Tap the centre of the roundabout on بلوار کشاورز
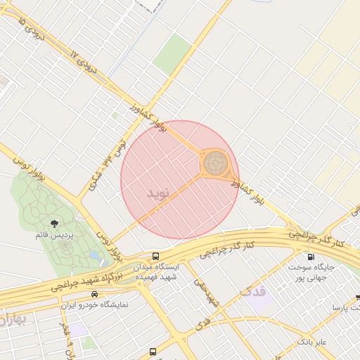[x=216, y=164]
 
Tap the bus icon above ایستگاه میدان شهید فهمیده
[x=155, y=256]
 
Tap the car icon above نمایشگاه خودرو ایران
[x=95, y=295]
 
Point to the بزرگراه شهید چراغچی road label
[x=79, y=281]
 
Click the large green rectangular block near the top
[x=172, y=53]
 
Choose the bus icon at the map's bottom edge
[x=153, y=352]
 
